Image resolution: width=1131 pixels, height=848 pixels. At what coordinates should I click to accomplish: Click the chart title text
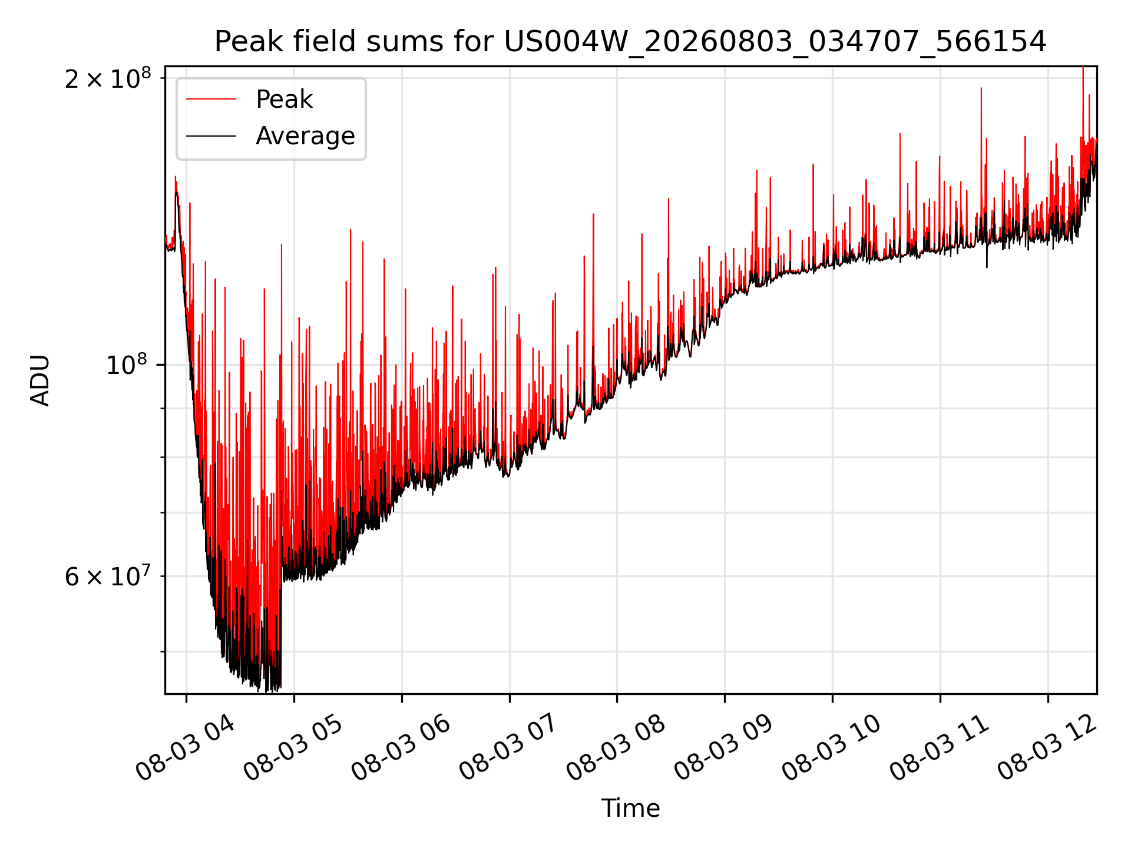tap(630, 42)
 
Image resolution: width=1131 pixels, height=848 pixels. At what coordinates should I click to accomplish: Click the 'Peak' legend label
tap(284, 100)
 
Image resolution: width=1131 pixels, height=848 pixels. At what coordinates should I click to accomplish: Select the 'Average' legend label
tap(305, 136)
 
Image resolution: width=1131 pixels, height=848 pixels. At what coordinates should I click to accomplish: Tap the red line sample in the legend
tap(211, 100)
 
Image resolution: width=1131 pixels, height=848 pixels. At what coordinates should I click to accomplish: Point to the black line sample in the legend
tap(211, 136)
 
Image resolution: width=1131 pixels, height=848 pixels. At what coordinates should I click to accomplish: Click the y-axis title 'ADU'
tap(40, 380)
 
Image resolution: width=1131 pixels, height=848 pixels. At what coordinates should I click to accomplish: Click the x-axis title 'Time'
tap(630, 809)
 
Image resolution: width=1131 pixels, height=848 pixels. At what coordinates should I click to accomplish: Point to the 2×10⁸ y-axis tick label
tap(108, 79)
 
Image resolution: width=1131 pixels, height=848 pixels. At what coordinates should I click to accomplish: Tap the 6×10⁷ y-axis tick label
tap(108, 576)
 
